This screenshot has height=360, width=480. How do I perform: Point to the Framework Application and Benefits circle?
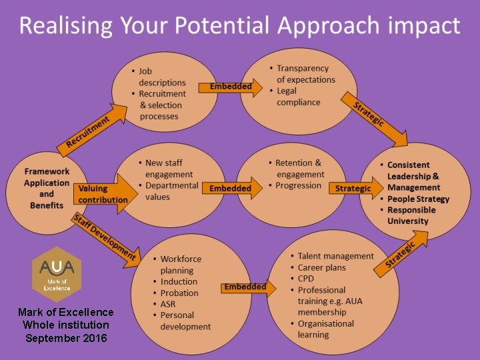coord(47,189)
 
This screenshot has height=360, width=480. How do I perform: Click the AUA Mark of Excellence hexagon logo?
coord(57,274)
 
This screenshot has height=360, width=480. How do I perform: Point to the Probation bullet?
coord(179,293)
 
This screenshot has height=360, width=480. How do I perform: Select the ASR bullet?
coord(169,304)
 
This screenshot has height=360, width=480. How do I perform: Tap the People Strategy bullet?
coord(418,199)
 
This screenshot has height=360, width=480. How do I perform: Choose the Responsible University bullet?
coord(411,215)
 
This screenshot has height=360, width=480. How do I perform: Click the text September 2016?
coord(66,338)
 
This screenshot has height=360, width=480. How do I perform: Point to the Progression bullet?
coord(298,185)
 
